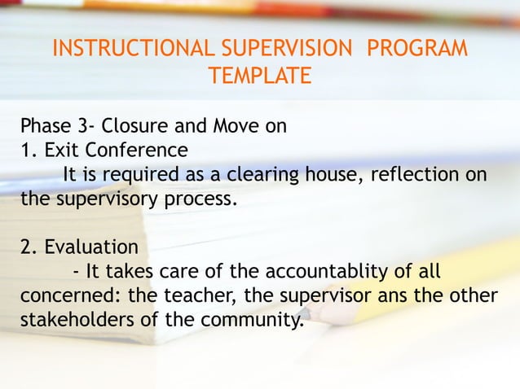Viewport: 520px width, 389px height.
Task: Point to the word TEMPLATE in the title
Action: (259, 76)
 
